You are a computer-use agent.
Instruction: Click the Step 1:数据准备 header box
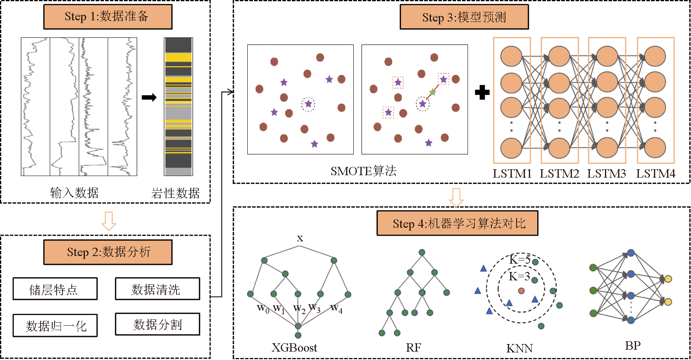click(x=108, y=17)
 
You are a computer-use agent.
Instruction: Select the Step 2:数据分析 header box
click(x=108, y=252)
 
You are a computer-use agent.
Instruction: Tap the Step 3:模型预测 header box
click(x=464, y=17)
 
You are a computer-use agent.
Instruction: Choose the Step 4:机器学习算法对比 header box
click(x=457, y=223)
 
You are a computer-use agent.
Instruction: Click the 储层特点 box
click(x=55, y=289)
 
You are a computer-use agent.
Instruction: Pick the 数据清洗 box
click(x=157, y=289)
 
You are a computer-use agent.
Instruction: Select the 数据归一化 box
click(x=55, y=325)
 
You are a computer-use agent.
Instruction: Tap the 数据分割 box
click(x=157, y=324)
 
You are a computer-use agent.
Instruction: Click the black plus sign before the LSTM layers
click(x=482, y=92)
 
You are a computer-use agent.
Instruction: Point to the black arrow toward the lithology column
click(x=149, y=98)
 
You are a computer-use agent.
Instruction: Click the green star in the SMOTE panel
click(x=433, y=92)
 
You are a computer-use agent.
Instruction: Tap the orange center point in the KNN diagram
click(x=521, y=291)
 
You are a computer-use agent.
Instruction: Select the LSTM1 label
click(x=512, y=174)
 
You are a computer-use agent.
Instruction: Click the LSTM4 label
click(x=656, y=174)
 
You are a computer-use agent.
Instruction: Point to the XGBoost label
click(x=294, y=348)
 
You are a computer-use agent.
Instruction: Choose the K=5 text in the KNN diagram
click(x=520, y=260)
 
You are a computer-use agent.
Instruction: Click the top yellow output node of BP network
click(x=668, y=279)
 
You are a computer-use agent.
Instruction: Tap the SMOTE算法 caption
click(x=363, y=171)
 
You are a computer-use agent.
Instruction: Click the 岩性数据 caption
click(x=175, y=193)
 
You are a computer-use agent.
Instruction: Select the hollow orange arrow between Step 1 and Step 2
click(x=109, y=221)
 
